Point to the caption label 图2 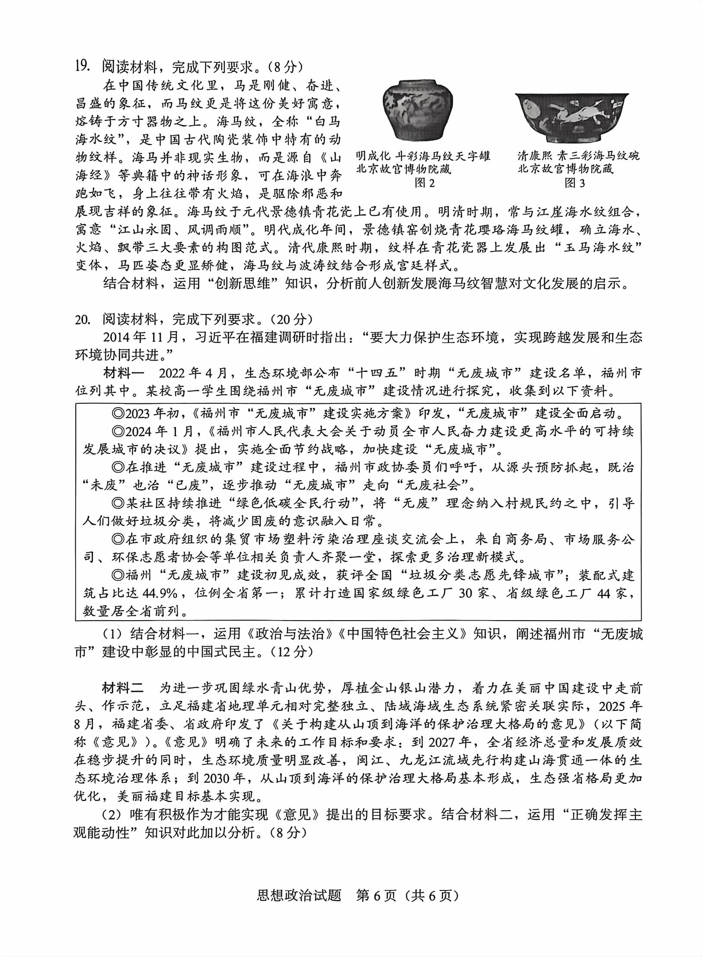pos(424,183)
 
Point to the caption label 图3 pos(575,183)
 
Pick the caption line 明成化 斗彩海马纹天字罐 pos(423,155)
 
